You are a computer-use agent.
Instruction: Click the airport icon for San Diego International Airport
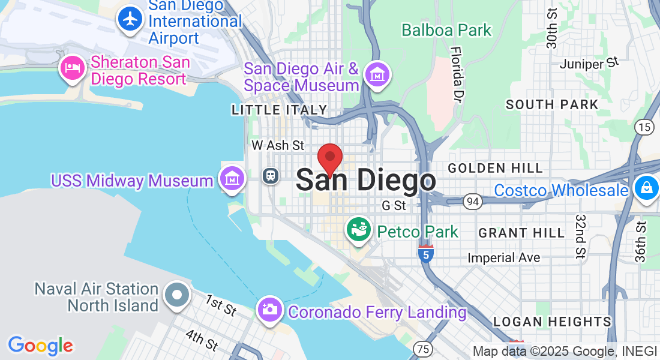click(x=130, y=19)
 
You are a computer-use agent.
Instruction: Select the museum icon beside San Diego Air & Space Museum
click(x=379, y=76)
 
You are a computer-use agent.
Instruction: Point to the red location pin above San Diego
click(x=329, y=159)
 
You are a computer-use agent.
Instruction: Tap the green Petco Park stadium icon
click(x=359, y=231)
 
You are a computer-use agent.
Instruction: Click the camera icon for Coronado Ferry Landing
click(x=270, y=309)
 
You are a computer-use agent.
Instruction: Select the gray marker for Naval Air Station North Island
click(x=178, y=295)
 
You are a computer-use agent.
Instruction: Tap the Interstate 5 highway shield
click(x=426, y=254)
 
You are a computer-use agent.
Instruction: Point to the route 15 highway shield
click(x=644, y=127)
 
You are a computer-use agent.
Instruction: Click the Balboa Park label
click(x=446, y=30)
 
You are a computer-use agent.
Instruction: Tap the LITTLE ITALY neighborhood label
click(x=280, y=110)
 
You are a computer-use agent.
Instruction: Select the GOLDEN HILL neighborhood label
click(x=496, y=168)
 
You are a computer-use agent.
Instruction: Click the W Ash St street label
click(x=278, y=145)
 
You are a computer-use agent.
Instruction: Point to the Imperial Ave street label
click(x=504, y=258)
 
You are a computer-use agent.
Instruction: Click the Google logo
click(x=40, y=346)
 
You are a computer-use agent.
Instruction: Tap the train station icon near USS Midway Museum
click(x=271, y=175)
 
